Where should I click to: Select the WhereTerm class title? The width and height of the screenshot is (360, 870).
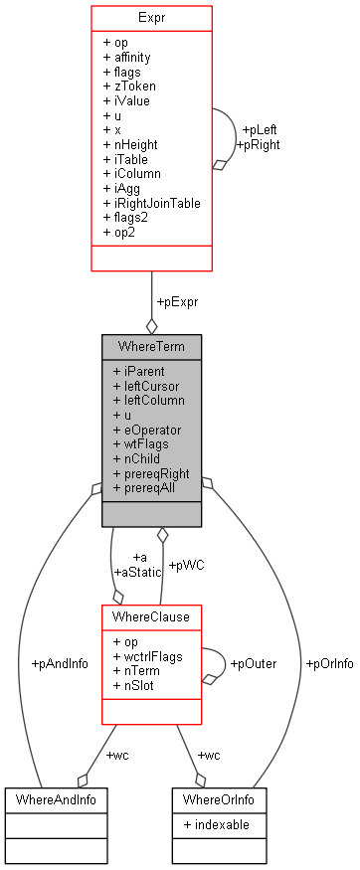151,347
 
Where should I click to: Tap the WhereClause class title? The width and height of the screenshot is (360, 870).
151,617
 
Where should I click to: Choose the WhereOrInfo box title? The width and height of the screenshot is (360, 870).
212,798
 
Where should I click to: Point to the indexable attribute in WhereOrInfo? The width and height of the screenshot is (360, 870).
216,825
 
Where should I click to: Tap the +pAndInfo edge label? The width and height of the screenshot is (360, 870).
60,663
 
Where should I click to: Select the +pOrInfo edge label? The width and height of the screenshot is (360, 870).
330,663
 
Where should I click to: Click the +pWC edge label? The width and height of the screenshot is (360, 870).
186,565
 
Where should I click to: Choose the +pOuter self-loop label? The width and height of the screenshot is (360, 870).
253,663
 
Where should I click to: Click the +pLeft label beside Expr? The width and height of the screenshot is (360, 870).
261,129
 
